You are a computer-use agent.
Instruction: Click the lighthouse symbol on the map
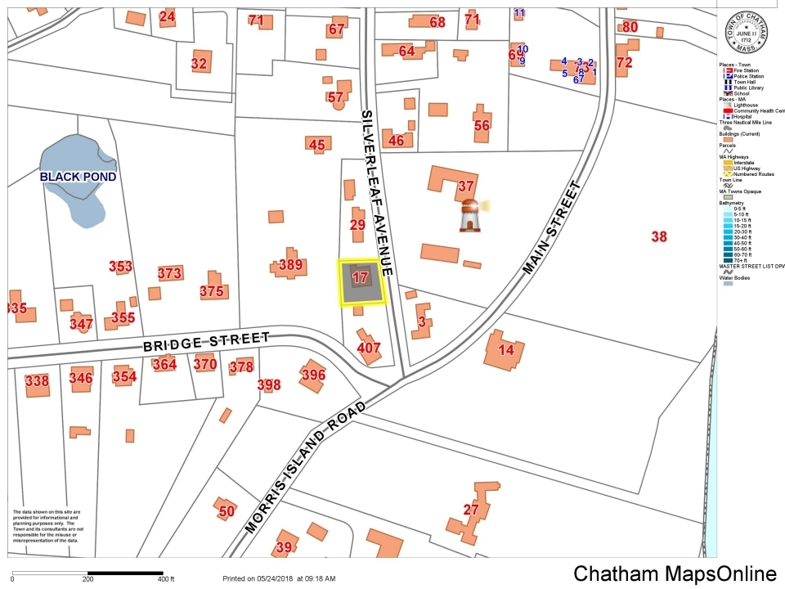[x=469, y=214]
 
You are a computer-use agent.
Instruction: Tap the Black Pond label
[x=79, y=177]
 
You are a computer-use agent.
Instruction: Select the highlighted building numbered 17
[x=361, y=277]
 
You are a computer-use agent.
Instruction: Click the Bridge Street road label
[x=206, y=341]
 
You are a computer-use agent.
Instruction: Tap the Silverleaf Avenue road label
[x=378, y=192]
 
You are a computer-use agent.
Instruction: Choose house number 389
[x=290, y=264]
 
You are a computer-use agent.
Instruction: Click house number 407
[x=370, y=348]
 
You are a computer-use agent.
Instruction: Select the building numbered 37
[x=466, y=186]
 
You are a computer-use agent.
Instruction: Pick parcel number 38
[x=659, y=236]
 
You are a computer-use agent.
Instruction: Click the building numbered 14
[x=506, y=350]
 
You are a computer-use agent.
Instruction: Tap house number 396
[x=313, y=375]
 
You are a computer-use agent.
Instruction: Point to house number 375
[x=212, y=290]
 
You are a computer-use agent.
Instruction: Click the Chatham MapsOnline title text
[x=675, y=573]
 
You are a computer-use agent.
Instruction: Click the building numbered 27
[x=471, y=510]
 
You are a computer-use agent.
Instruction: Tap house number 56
[x=482, y=125]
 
